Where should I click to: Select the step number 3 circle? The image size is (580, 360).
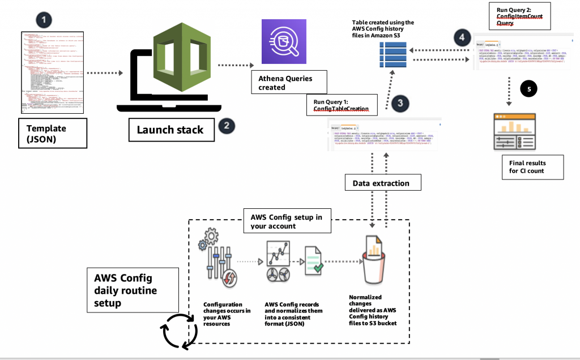pos(400,103)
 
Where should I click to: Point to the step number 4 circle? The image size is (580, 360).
pos(462,38)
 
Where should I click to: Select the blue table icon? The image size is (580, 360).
pos(389,55)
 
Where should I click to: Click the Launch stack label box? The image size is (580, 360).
pos(169,130)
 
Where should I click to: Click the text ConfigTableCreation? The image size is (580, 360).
pos(337,109)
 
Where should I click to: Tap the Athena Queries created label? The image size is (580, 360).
pos(282,83)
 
